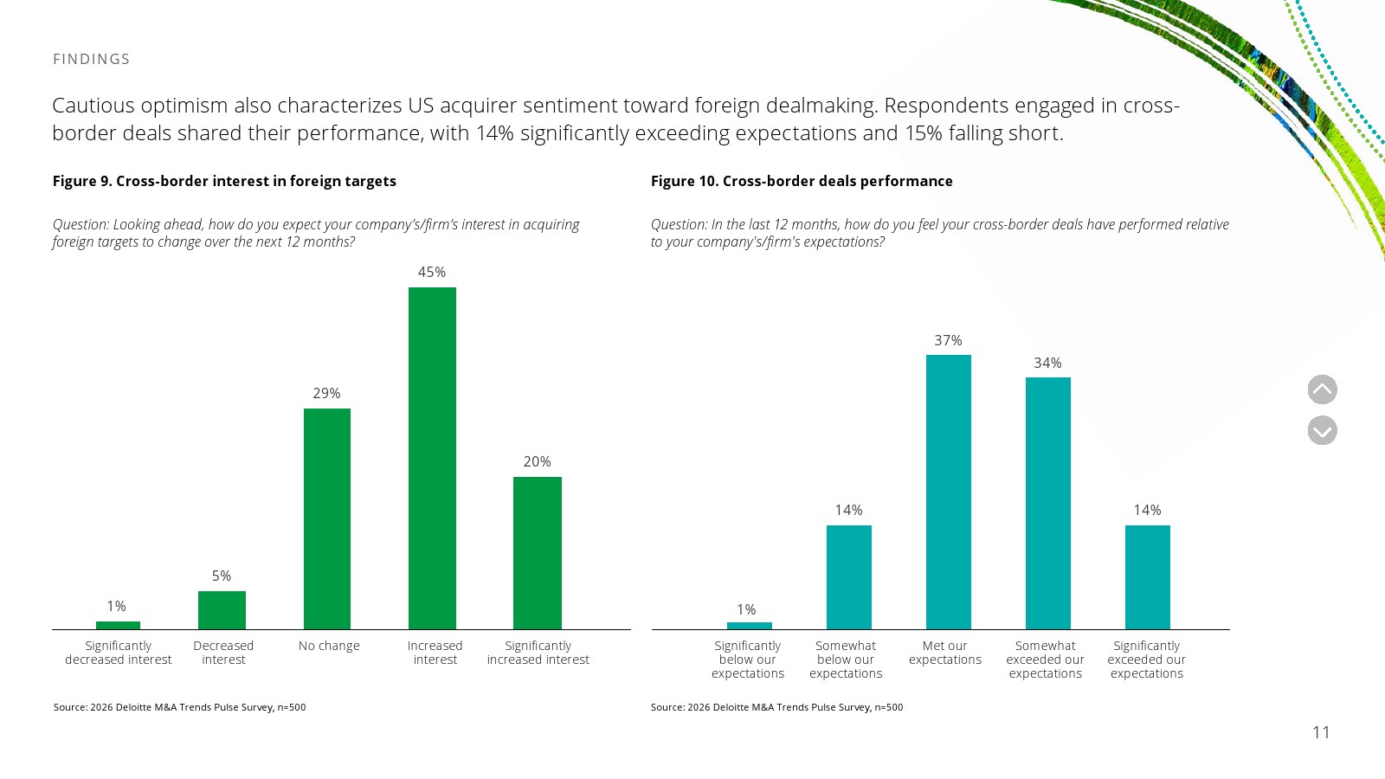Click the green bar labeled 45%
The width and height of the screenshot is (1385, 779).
[x=432, y=458]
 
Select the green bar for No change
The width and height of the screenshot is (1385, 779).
[x=327, y=518]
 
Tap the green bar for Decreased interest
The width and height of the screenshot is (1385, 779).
[x=222, y=610]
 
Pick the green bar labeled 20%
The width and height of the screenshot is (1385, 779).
[x=538, y=553]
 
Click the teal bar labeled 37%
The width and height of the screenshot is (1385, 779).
[x=949, y=493]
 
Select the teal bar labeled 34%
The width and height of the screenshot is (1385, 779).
[x=1048, y=503]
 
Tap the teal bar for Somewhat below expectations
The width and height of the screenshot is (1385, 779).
[x=849, y=577]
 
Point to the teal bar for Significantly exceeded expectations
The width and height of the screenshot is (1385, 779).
[x=1148, y=577]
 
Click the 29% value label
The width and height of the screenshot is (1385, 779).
[x=326, y=393]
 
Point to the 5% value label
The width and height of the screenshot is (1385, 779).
[x=222, y=576]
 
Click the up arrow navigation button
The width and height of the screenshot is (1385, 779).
[x=1323, y=389]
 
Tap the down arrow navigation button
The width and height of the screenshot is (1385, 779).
[x=1323, y=430]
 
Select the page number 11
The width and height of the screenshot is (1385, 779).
[x=1321, y=732]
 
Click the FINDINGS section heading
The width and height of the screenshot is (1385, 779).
[x=92, y=60]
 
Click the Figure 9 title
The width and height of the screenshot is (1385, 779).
[x=224, y=181]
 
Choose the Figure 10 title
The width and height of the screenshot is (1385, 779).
[x=802, y=181]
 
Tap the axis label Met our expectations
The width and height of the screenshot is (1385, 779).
[x=944, y=653]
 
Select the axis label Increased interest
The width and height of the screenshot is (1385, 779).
[x=435, y=653]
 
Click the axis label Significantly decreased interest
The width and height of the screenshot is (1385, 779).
[x=118, y=653]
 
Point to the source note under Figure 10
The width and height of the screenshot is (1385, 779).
[x=776, y=707]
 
